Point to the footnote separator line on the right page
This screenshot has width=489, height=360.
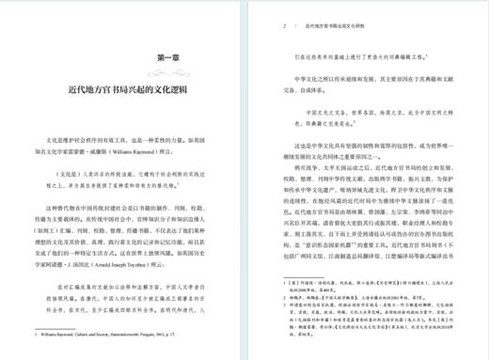pos(300,264)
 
